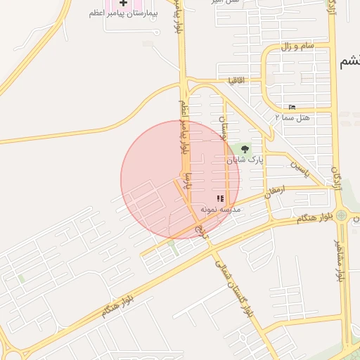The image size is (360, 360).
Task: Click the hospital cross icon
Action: pos(123,4)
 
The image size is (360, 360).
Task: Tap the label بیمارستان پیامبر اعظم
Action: pos(123,14)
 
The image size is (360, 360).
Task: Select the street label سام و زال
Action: pos(297,46)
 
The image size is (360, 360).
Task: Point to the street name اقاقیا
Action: pos(236,81)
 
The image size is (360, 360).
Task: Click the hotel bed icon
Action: pos(292,107)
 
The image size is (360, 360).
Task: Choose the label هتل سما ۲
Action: pos(292,117)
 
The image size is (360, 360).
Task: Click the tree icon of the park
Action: pos(245,149)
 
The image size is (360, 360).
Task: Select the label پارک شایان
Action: pos(245,160)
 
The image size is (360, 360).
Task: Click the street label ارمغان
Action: pos(276,190)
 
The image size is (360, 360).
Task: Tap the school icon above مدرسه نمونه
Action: pos(219,199)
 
